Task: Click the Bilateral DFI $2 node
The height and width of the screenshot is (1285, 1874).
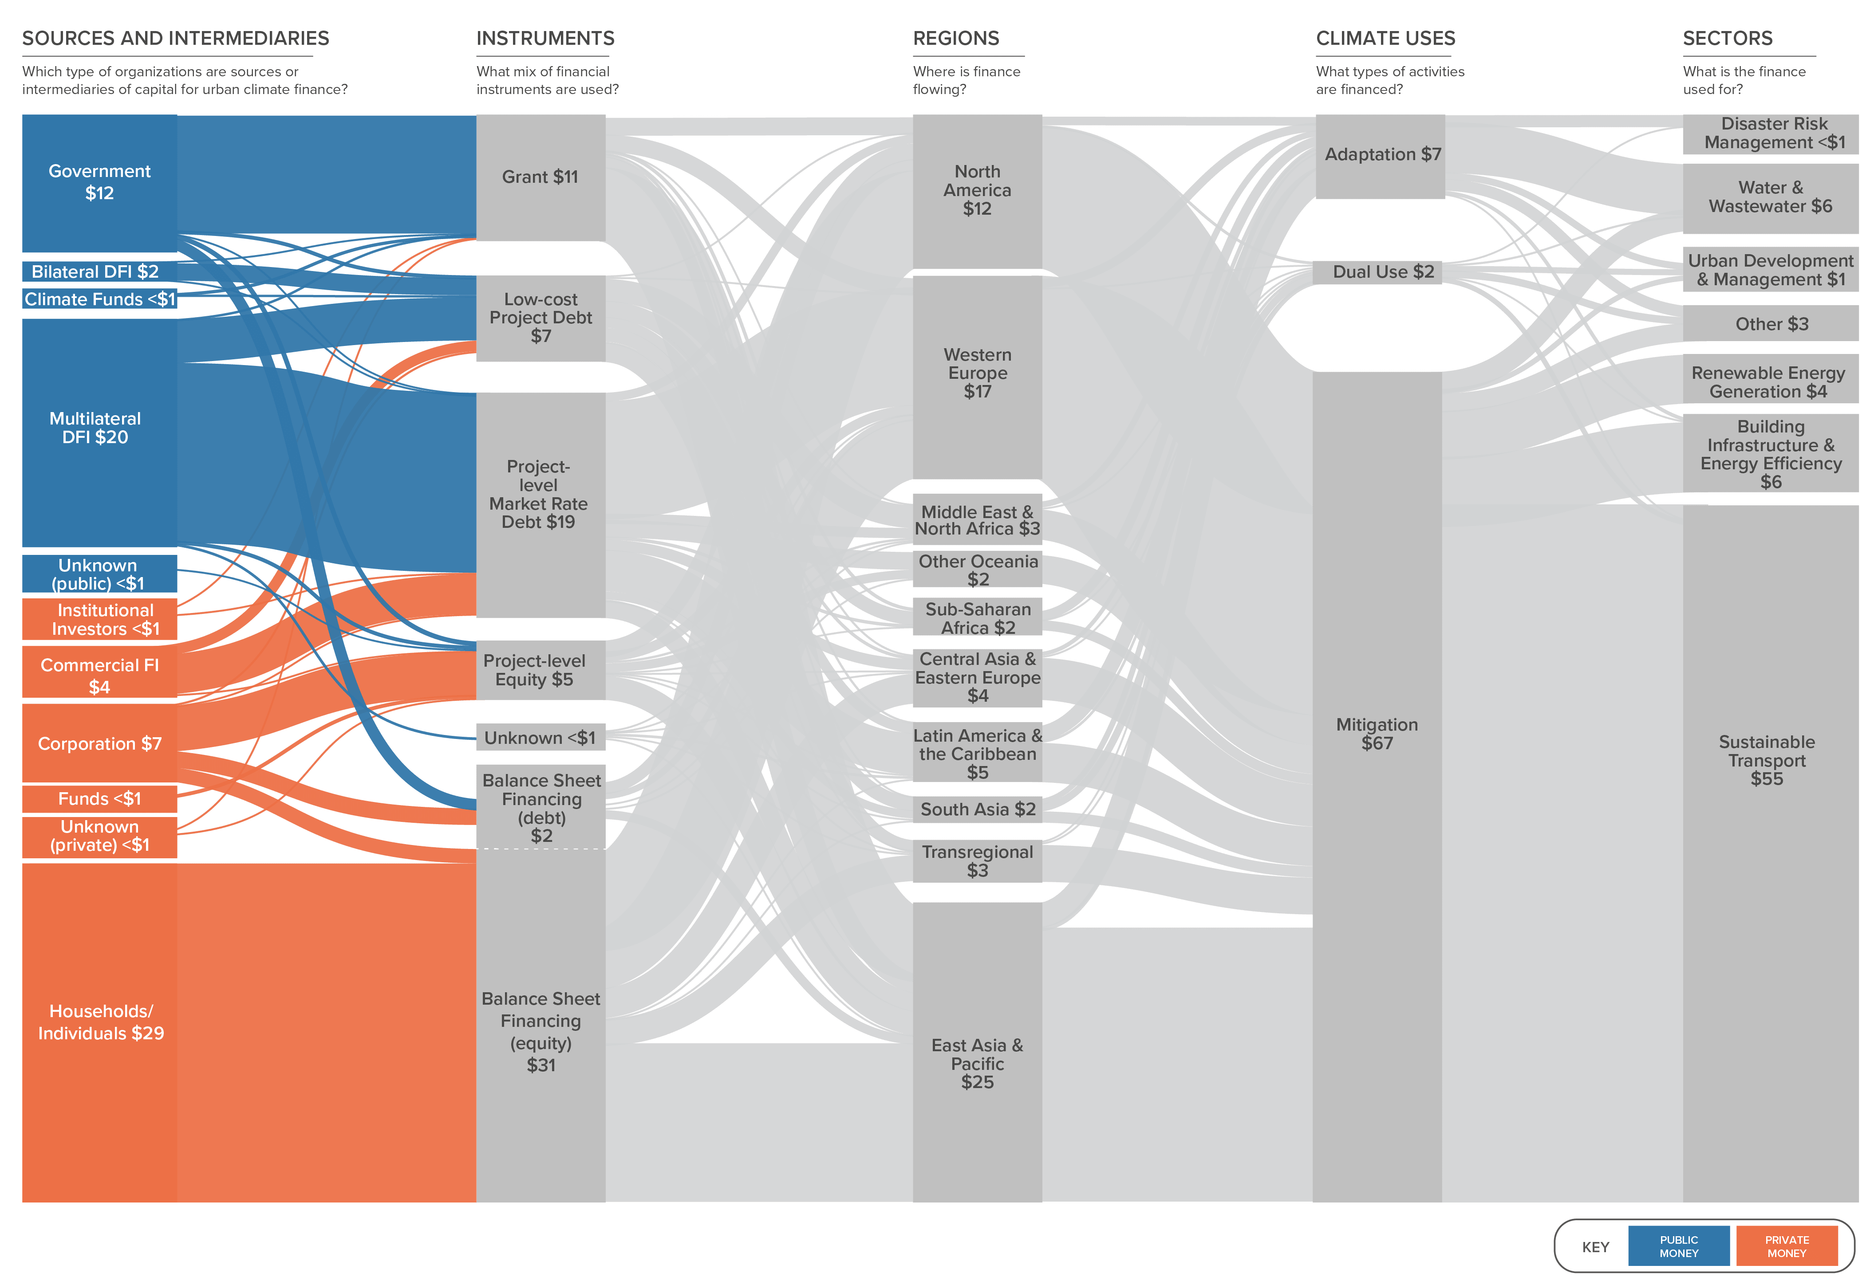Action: click(99, 271)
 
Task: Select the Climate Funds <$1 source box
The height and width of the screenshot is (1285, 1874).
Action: click(99, 299)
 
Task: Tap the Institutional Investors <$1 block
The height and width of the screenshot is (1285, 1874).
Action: click(99, 619)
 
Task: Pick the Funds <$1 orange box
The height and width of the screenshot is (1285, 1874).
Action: click(99, 799)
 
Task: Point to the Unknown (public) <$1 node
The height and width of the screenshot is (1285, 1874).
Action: click(99, 574)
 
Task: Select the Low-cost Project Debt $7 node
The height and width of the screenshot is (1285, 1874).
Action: click(540, 318)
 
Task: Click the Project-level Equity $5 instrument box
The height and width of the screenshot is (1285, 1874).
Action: click(540, 670)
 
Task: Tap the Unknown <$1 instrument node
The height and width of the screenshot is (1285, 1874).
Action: click(540, 738)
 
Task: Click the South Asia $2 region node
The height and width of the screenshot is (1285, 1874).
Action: click(977, 810)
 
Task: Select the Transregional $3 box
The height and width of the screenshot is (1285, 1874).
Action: click(977, 861)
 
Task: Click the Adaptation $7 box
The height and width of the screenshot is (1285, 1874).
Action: click(1380, 157)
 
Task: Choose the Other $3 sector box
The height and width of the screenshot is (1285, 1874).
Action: click(1771, 323)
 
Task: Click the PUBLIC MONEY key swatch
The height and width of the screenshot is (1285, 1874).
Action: click(1679, 1246)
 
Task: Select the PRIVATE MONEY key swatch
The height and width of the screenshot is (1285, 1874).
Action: click(1787, 1246)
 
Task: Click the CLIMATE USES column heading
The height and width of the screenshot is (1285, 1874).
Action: click(1385, 39)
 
